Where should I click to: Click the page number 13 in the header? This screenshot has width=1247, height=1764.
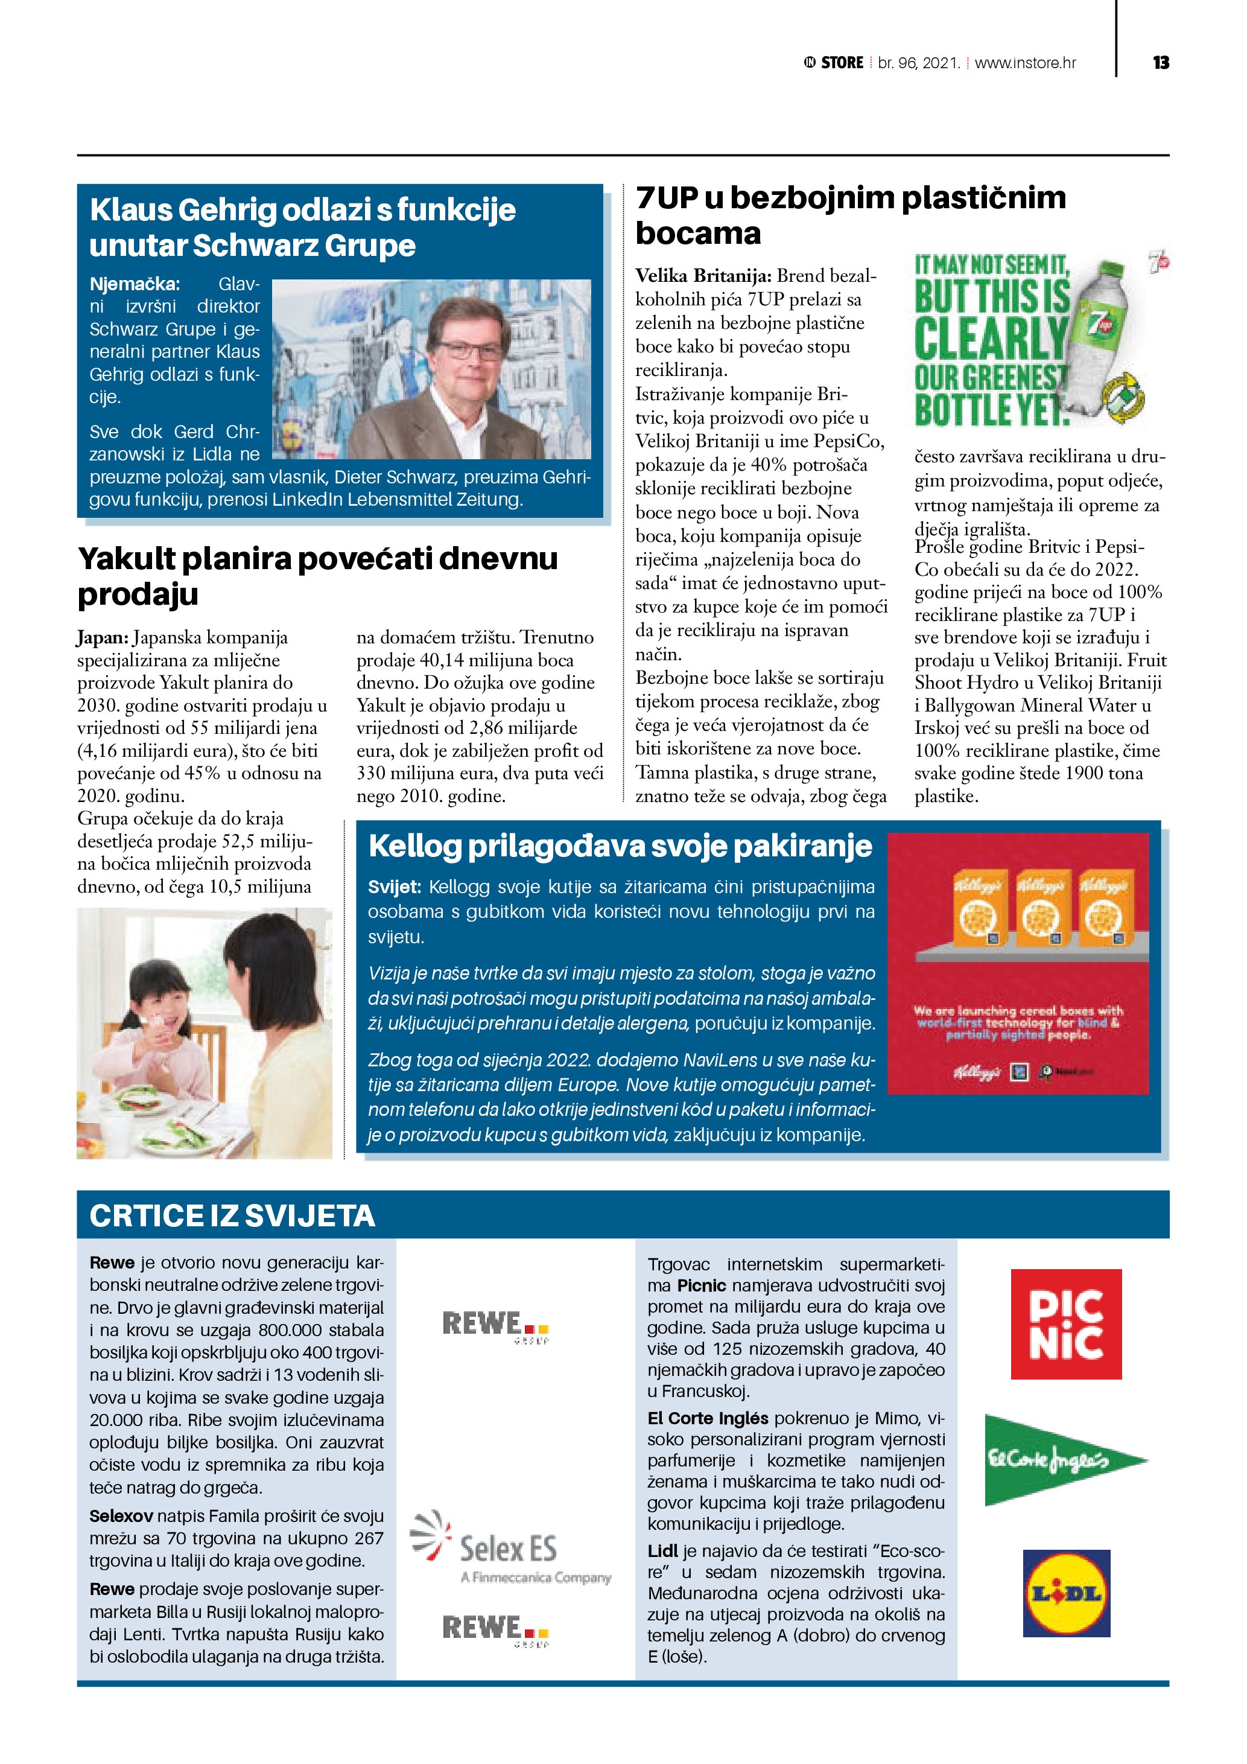pyautogui.click(x=1160, y=63)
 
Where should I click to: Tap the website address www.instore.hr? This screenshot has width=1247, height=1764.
pyautogui.click(x=1025, y=63)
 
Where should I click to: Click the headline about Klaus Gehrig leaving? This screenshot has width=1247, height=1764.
pyautogui.click(x=302, y=228)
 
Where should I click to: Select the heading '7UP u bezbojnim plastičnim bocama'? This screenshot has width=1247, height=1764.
pyautogui.click(x=850, y=215)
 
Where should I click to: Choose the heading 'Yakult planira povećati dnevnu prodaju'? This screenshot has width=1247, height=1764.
pyautogui.click(x=317, y=576)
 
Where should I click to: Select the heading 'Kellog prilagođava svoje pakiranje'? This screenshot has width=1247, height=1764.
pyautogui.click(x=620, y=846)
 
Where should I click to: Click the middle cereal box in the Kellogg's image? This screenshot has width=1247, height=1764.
pyautogui.click(x=1042, y=908)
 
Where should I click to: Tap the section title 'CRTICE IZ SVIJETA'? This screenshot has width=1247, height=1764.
pyautogui.click(x=232, y=1216)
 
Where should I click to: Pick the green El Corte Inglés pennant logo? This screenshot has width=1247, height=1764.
pyautogui.click(x=1063, y=1460)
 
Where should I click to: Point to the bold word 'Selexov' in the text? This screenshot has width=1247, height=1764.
pyautogui.click(x=121, y=1516)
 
